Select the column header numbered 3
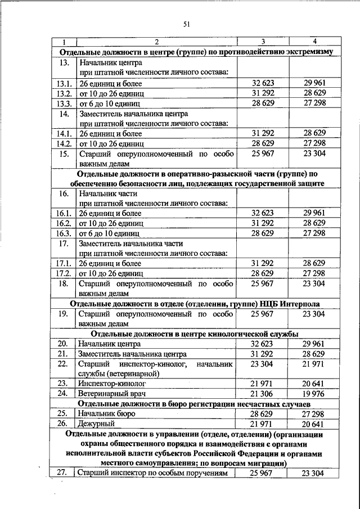[x=263, y=42]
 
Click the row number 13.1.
[x=65, y=83]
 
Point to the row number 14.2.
[x=65, y=143]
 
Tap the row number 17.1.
[x=65, y=263]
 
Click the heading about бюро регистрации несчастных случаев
[x=191, y=403]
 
